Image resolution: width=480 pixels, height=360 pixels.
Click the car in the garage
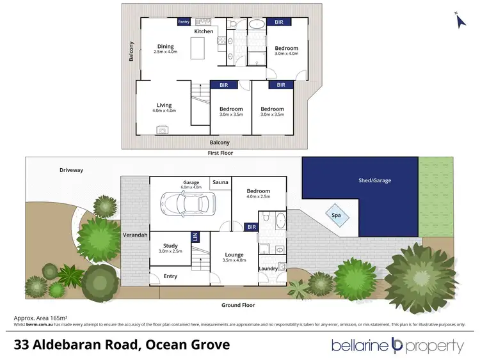(x=187, y=203)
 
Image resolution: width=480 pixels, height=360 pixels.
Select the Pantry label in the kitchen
(x=184, y=21)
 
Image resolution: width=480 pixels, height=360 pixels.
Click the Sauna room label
(x=221, y=182)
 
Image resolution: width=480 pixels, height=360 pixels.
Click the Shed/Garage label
(x=374, y=180)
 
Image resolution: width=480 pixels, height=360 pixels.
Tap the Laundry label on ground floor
(x=268, y=269)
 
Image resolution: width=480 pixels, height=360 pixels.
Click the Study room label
(x=170, y=245)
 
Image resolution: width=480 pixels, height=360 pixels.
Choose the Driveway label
(x=72, y=170)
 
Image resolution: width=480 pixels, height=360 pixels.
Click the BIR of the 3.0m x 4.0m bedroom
(x=279, y=22)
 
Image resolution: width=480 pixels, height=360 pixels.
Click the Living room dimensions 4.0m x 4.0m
(x=164, y=111)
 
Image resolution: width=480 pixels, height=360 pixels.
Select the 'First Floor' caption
(x=220, y=153)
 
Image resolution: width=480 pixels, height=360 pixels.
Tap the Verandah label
(x=135, y=235)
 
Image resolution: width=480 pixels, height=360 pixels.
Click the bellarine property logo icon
(x=397, y=346)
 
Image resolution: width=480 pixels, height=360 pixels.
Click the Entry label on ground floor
(x=171, y=276)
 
